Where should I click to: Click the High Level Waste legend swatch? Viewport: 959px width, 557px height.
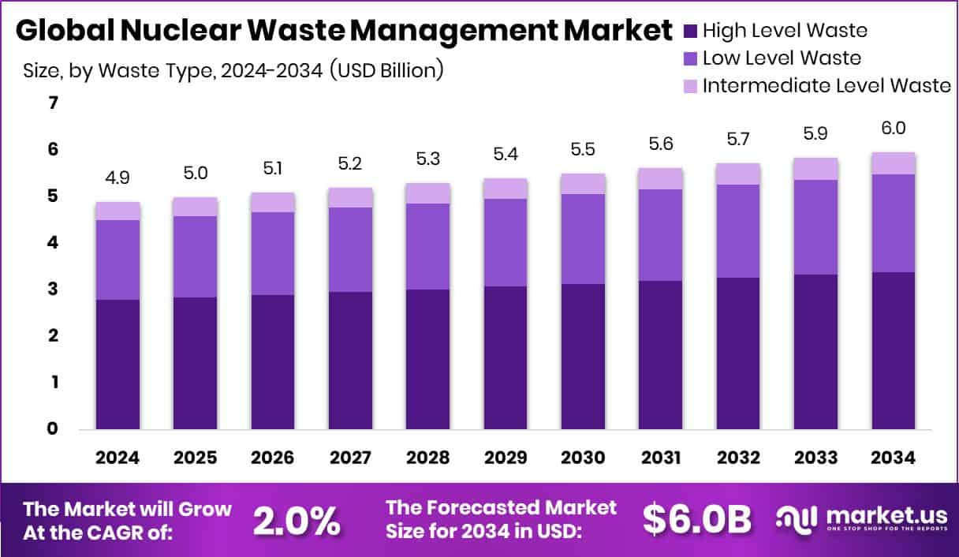(691, 32)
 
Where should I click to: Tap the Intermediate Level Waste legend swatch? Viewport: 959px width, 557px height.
(691, 85)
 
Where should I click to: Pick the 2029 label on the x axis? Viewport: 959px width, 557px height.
(506, 458)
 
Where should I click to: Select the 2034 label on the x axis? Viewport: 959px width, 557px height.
(893, 458)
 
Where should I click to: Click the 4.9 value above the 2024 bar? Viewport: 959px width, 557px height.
(118, 178)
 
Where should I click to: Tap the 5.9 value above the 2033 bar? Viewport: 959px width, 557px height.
(815, 136)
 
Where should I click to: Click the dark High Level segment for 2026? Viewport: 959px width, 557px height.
(273, 362)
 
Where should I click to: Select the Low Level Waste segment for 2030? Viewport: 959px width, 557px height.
(583, 238)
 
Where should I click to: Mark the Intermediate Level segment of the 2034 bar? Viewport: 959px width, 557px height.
(893, 163)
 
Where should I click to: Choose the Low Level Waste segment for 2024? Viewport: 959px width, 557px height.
(118, 260)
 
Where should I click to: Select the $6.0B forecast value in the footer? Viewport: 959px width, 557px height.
(696, 518)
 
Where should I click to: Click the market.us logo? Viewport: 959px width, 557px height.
(861, 518)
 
